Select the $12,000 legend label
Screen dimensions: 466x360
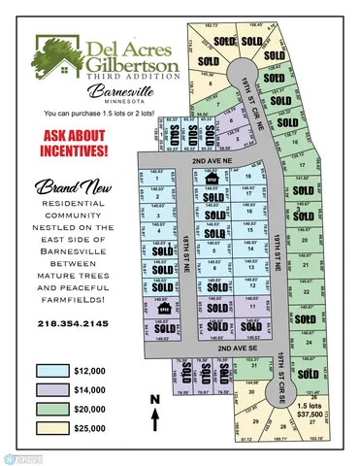click(x=88, y=370)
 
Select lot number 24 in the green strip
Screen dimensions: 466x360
click(x=308, y=343)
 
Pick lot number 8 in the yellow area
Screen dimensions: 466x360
click(x=210, y=84)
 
